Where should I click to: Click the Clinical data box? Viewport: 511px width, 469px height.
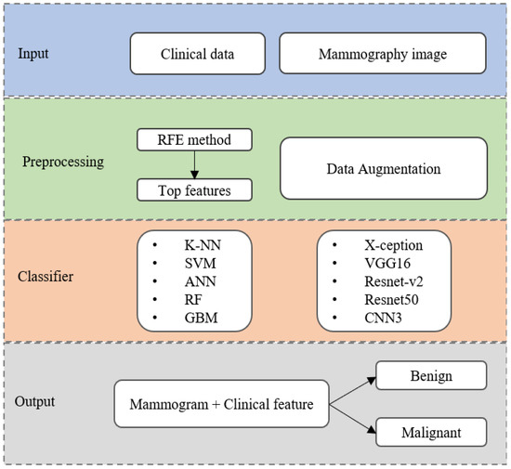(196, 55)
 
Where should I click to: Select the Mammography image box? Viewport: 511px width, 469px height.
(381, 55)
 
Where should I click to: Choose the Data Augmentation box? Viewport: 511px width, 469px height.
(383, 170)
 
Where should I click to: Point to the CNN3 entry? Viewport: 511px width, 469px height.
(382, 319)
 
